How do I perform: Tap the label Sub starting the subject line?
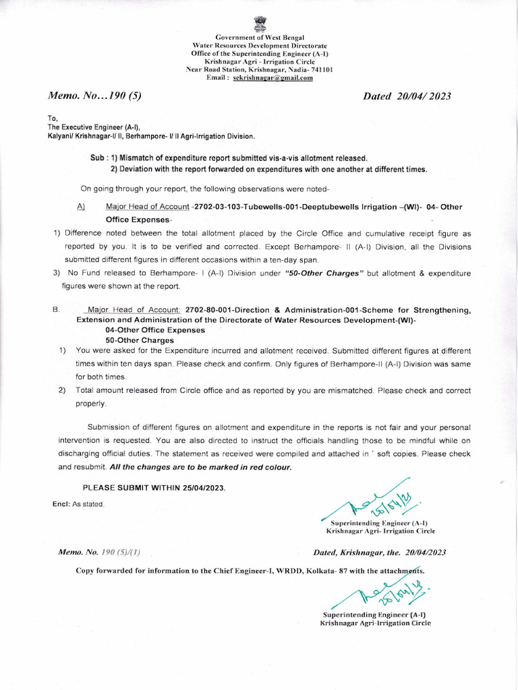[96, 157]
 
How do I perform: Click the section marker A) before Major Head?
[82, 207]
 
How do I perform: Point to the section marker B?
[56, 310]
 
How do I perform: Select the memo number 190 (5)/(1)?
[121, 553]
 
